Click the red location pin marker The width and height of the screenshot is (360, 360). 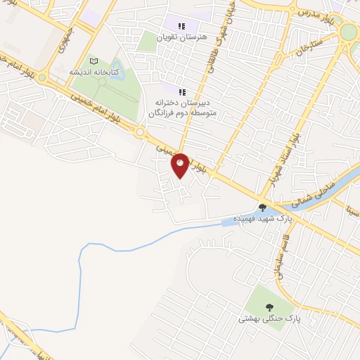pos(181,165)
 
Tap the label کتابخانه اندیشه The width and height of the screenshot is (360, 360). pos(94,72)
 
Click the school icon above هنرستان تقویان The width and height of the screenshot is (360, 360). pos(181,26)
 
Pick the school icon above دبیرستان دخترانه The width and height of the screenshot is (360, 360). pos(181,92)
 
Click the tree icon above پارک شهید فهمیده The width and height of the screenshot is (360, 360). pos(262,207)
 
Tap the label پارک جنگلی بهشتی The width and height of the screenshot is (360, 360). pos(269,319)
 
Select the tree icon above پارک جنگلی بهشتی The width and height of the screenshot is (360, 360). pos(269,307)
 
